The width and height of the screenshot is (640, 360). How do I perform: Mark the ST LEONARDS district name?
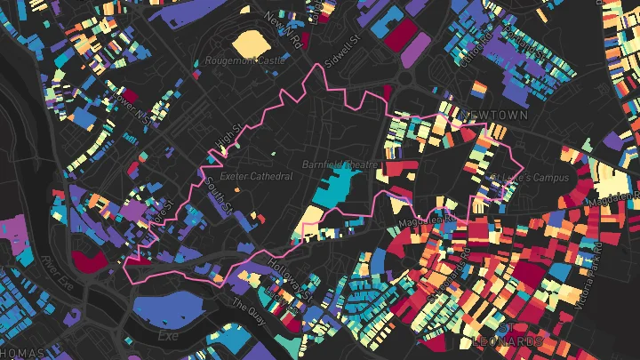click(x=508, y=342)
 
